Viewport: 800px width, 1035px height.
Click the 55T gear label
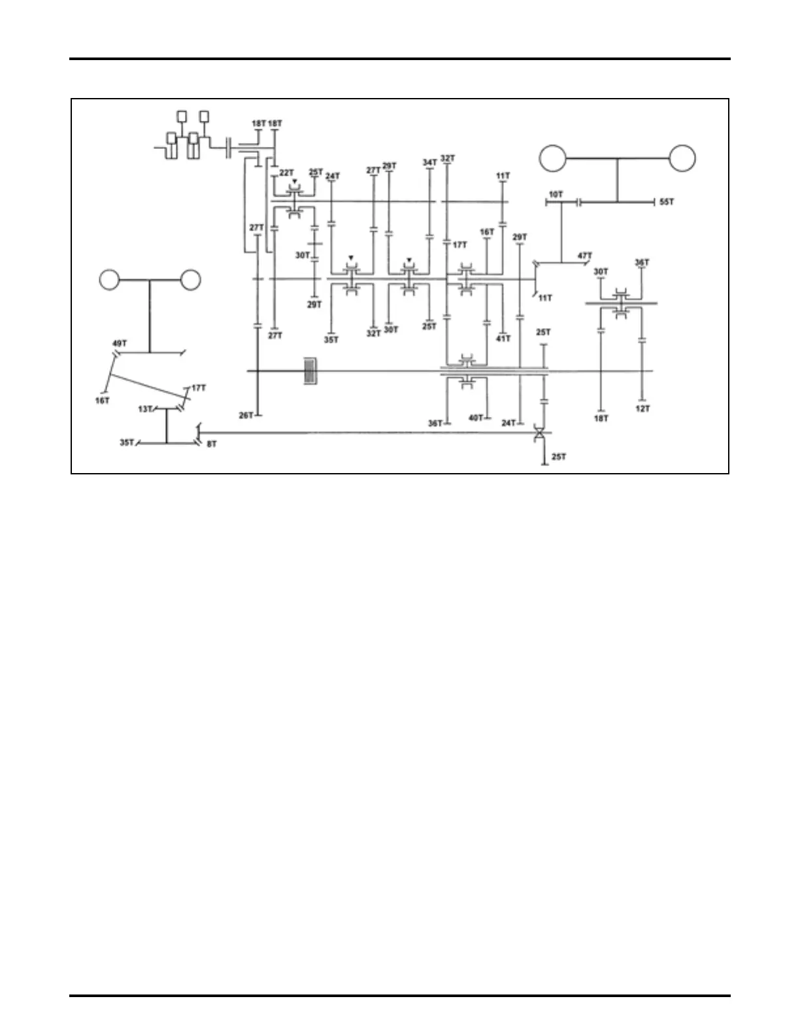667,203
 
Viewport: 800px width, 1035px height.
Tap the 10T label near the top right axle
555,194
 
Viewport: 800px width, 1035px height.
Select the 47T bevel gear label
584,255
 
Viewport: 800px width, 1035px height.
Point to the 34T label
429,162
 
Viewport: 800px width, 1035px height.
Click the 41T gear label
503,338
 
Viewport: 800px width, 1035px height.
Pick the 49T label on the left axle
119,343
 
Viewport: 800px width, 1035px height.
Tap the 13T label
145,409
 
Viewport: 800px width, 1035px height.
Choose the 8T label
212,444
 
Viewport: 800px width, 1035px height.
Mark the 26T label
246,415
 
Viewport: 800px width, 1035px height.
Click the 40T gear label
476,418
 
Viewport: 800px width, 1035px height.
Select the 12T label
642,408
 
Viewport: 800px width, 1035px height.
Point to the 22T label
286,172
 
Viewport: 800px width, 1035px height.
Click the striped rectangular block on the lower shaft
311,371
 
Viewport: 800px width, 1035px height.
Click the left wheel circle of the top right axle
552,158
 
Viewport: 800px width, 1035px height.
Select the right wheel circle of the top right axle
682,158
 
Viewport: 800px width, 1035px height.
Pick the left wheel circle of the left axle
110,280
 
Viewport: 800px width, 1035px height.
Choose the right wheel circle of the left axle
190,280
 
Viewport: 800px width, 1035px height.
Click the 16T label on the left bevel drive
102,401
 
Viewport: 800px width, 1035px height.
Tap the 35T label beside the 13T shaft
127,442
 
